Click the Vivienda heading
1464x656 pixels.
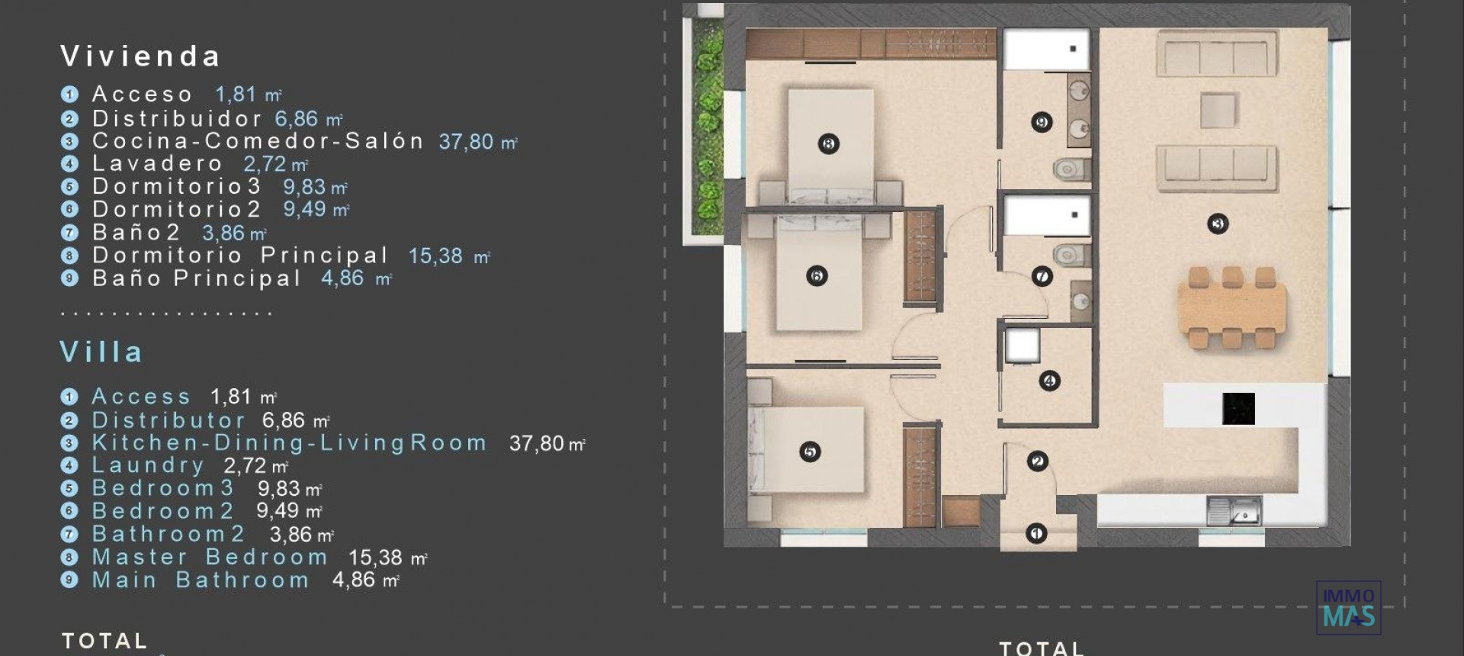click(140, 56)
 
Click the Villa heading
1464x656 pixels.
click(101, 352)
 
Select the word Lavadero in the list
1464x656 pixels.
click(157, 164)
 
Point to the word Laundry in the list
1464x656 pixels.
click(148, 465)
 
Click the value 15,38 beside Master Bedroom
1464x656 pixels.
click(375, 558)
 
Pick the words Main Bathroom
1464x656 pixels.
click(201, 580)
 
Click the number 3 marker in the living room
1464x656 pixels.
click(1218, 223)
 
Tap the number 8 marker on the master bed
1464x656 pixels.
click(828, 143)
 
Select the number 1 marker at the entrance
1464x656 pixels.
click(1035, 533)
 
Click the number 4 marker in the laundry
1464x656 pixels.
click(1049, 381)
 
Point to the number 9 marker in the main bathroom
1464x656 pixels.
click(1042, 122)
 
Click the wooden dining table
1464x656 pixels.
click(1231, 308)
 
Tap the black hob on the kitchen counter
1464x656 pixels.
click(1238, 409)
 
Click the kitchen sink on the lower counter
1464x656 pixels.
click(1234, 512)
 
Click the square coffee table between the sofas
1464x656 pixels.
click(1218, 110)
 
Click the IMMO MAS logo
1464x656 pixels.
click(1348, 609)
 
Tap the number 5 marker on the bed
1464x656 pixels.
click(810, 452)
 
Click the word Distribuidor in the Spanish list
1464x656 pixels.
click(177, 119)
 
